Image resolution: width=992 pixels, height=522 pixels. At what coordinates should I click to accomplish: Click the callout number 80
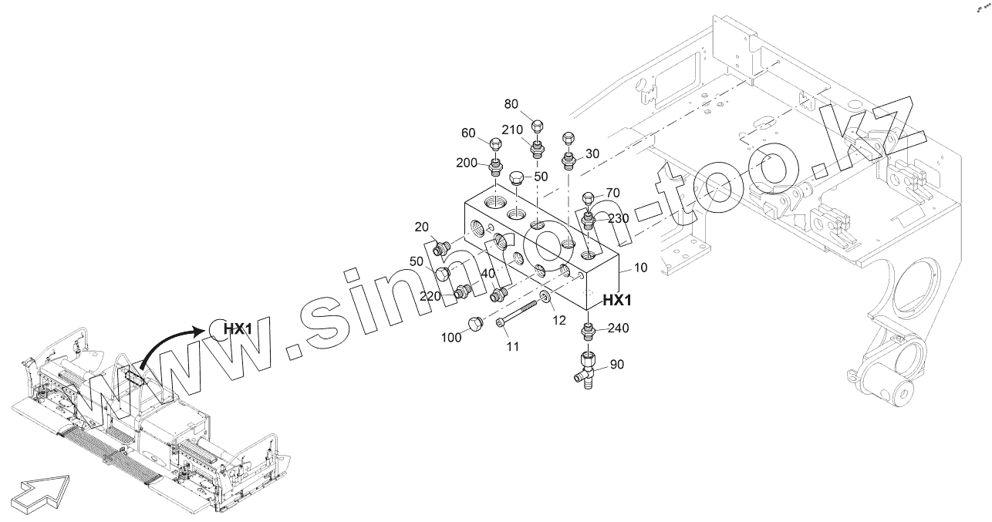pos(511,104)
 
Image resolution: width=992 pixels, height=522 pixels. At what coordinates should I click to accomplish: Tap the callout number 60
pos(468,133)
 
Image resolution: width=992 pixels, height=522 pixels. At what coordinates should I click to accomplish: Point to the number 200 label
pos(467,163)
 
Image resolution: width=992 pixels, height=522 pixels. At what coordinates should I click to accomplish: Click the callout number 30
pos(592,153)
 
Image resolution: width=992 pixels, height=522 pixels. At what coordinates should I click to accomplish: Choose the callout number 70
pos(612,193)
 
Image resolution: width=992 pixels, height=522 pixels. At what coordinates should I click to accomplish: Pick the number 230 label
pos(618,218)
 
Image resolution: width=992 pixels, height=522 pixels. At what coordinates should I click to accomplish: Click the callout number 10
pos(640,268)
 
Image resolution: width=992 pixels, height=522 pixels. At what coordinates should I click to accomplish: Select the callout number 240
pos(619,328)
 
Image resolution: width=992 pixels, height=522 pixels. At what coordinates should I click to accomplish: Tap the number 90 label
pos(617,364)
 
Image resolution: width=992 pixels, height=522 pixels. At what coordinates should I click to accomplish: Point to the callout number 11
pos(513,347)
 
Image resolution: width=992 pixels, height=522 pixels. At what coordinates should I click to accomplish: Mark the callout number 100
pos(450,337)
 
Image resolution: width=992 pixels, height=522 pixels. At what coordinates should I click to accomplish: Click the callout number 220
pos(430,296)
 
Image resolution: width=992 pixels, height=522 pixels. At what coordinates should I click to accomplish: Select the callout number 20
pos(421,227)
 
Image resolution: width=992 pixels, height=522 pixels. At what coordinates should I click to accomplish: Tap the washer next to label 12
pos(545,298)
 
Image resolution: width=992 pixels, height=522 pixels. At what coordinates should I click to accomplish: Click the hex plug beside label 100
pos(474,324)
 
